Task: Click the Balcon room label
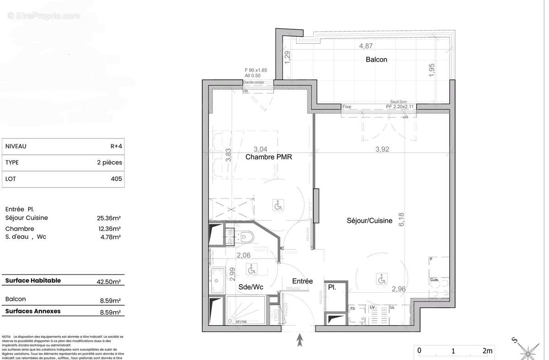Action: click(x=376, y=59)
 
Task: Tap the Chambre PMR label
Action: click(x=269, y=157)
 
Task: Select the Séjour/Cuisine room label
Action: click(x=369, y=220)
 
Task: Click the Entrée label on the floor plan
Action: click(x=303, y=281)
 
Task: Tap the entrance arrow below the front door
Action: click(x=300, y=340)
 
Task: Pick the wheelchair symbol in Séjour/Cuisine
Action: click(x=382, y=278)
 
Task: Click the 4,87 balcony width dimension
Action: click(x=366, y=46)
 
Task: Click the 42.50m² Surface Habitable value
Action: click(x=109, y=282)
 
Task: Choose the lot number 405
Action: click(x=116, y=179)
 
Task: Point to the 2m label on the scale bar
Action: click(x=488, y=351)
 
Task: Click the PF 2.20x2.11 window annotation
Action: click(x=400, y=107)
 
